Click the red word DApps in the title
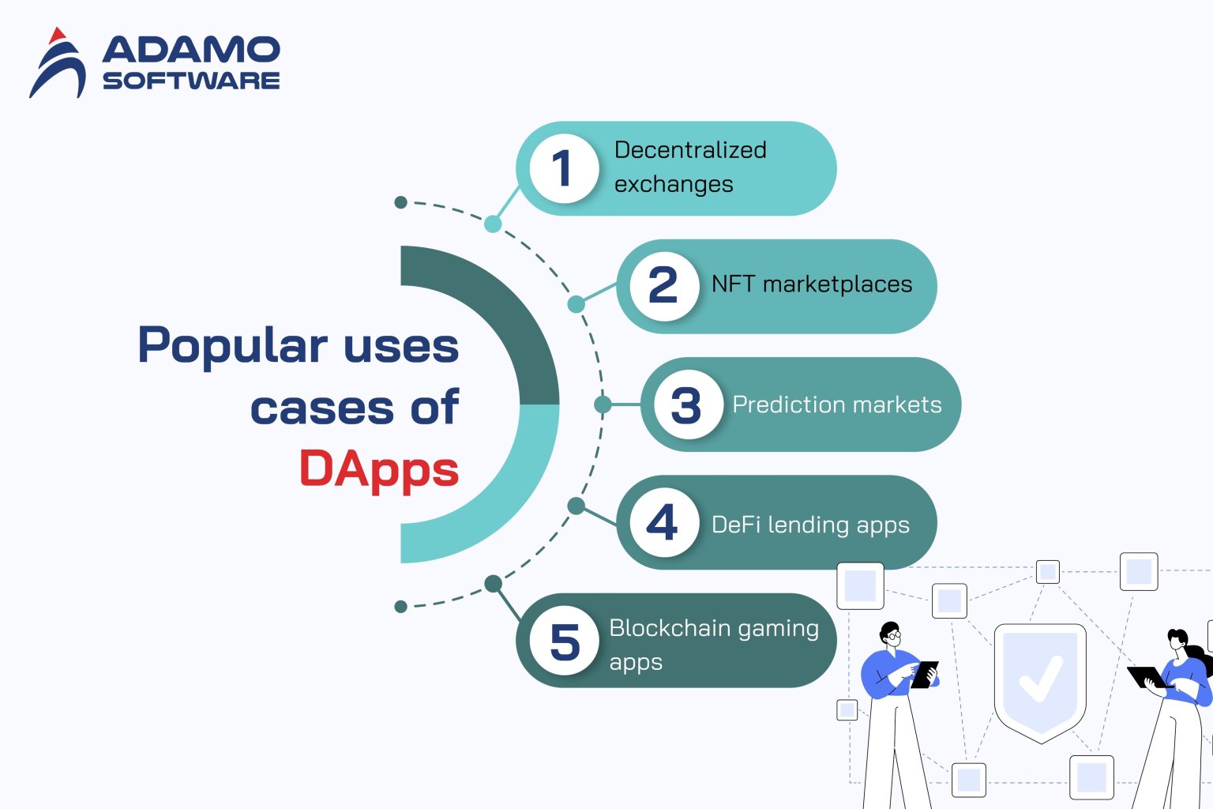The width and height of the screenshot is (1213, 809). click(x=379, y=470)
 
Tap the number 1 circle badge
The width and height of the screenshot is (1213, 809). click(x=563, y=168)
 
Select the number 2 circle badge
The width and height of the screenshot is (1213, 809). click(x=663, y=286)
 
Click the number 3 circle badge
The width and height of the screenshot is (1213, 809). click(x=687, y=404)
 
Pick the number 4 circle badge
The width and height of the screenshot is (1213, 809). click(x=663, y=522)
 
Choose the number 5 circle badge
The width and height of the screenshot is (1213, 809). click(x=564, y=641)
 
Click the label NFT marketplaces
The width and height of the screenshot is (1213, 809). click(x=811, y=284)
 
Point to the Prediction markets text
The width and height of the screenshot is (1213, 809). click(x=836, y=404)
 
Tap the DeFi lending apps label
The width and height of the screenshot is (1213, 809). click(x=810, y=525)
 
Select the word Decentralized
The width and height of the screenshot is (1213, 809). click(x=690, y=150)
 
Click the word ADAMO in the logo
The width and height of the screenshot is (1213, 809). click(x=191, y=50)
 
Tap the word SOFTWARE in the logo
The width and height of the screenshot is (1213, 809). click(x=191, y=81)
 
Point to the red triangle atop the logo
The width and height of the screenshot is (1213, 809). click(x=56, y=36)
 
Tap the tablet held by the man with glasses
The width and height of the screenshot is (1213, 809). click(x=925, y=674)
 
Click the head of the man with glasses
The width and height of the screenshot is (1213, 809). click(x=891, y=634)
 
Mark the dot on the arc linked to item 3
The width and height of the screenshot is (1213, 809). click(x=603, y=404)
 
